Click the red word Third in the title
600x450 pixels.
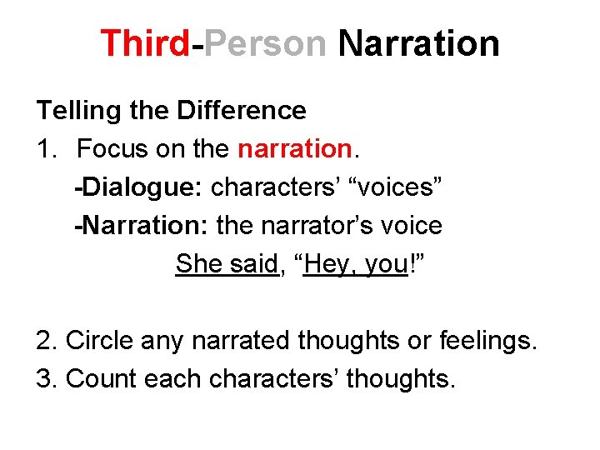pyautogui.click(x=145, y=43)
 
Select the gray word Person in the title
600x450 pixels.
pyautogui.click(x=265, y=43)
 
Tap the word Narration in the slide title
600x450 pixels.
pyautogui.click(x=418, y=43)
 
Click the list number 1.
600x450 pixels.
pyautogui.click(x=45, y=149)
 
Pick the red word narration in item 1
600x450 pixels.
pyautogui.click(x=295, y=149)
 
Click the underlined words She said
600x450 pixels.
pyautogui.click(x=226, y=264)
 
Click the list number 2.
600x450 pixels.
pyautogui.click(x=45, y=341)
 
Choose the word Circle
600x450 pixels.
pyautogui.click(x=99, y=341)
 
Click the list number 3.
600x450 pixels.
pyautogui.click(x=45, y=378)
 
